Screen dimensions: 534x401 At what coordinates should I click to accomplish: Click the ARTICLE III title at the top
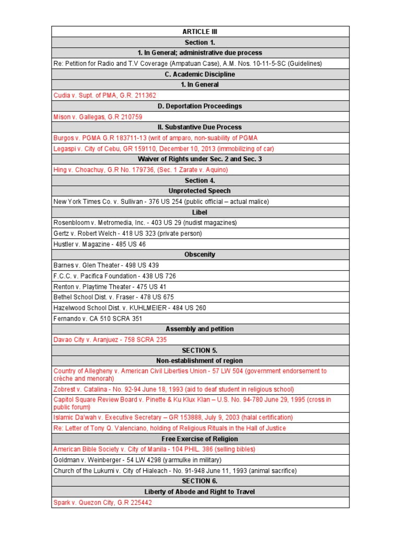click(x=200, y=32)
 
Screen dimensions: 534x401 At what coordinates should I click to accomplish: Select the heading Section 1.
click(x=200, y=42)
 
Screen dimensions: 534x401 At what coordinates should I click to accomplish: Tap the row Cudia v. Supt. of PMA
click(x=105, y=95)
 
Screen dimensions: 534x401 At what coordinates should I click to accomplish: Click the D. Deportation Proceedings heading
click(x=200, y=106)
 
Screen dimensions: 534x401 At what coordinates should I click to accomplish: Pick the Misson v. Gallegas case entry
click(x=98, y=117)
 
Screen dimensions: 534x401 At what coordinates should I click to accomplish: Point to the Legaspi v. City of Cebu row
click(x=163, y=149)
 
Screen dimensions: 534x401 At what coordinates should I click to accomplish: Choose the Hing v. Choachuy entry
click(x=141, y=170)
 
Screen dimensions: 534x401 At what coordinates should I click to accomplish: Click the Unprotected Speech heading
click(x=200, y=191)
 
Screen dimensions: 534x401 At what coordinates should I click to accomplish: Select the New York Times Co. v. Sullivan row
click(x=161, y=202)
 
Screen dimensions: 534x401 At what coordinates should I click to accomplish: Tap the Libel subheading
click(x=200, y=212)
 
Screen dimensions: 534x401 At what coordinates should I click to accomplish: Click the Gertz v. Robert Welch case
click(x=127, y=234)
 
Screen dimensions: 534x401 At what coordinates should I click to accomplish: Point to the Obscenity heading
click(x=200, y=254)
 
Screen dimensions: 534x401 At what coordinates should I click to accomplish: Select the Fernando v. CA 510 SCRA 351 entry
click(x=98, y=318)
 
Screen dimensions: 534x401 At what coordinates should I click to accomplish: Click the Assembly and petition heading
click(x=200, y=329)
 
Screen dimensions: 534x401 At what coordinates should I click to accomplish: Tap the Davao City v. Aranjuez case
click(x=110, y=339)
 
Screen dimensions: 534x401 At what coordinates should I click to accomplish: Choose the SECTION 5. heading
click(x=200, y=350)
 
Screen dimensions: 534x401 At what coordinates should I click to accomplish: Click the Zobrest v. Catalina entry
click(x=173, y=389)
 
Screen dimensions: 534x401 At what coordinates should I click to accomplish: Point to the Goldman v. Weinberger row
click(x=137, y=460)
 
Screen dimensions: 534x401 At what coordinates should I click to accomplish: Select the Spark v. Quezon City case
click(x=103, y=503)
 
